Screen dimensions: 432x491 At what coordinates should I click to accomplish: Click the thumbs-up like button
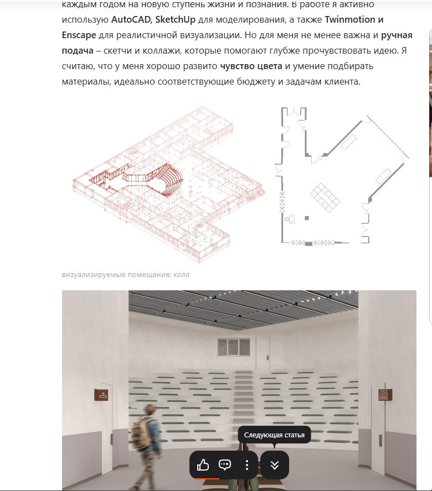[203, 465]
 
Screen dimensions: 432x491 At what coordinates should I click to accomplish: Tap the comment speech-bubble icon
[225, 465]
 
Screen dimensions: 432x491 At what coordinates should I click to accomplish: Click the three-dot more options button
[247, 465]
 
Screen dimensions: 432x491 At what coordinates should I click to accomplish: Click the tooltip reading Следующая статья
[274, 435]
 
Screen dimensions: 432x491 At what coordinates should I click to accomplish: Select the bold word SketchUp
[176, 20]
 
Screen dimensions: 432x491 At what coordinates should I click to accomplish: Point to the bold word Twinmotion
[349, 19]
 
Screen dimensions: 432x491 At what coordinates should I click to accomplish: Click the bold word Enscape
[79, 35]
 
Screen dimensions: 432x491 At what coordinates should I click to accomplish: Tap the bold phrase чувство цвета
[251, 66]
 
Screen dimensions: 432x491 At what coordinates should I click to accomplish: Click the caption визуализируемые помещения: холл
[126, 275]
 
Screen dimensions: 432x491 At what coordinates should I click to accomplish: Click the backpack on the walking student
[140, 432]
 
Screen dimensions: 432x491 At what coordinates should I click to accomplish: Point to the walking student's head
[151, 410]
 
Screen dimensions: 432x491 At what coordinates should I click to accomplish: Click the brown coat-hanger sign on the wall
[101, 395]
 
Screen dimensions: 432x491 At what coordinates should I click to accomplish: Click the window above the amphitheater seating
[234, 347]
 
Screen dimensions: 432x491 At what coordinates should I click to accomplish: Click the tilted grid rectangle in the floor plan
[325, 197]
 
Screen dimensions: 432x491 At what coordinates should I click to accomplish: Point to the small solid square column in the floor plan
[307, 218]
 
